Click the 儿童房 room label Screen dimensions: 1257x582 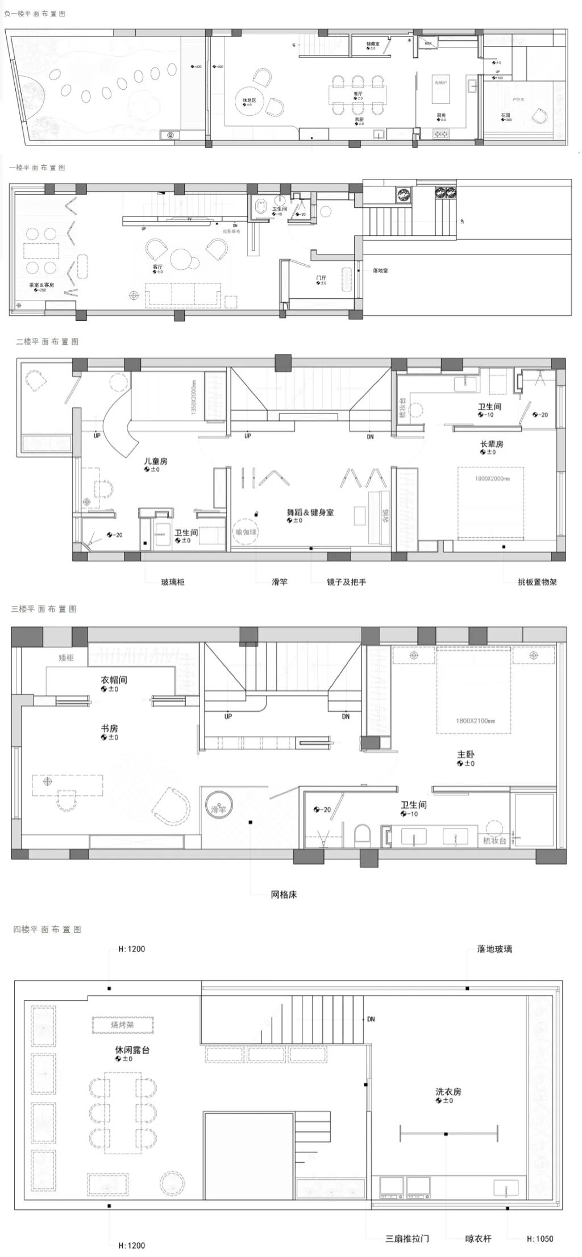[155, 461]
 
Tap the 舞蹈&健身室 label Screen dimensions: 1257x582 [310, 512]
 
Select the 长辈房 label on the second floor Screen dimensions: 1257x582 [492, 444]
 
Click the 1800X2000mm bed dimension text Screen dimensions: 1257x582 [492, 478]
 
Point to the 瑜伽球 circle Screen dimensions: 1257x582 [246, 532]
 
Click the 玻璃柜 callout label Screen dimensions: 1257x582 [173, 582]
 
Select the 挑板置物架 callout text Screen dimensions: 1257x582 [537, 582]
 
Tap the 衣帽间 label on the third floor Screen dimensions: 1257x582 [114, 680]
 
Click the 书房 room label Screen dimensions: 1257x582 [109, 728]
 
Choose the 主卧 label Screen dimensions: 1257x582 [465, 754]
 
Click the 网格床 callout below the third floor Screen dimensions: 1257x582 [284, 895]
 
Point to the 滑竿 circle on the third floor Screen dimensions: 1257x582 [219, 809]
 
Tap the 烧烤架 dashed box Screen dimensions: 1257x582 [122, 1025]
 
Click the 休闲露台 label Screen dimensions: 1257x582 [132, 1051]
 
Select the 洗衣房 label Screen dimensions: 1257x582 [448, 1092]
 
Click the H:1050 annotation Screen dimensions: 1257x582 [539, 1239]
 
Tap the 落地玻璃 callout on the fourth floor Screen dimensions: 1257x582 [494, 949]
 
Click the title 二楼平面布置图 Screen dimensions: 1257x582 [47, 342]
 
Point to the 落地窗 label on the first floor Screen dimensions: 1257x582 [380, 271]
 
